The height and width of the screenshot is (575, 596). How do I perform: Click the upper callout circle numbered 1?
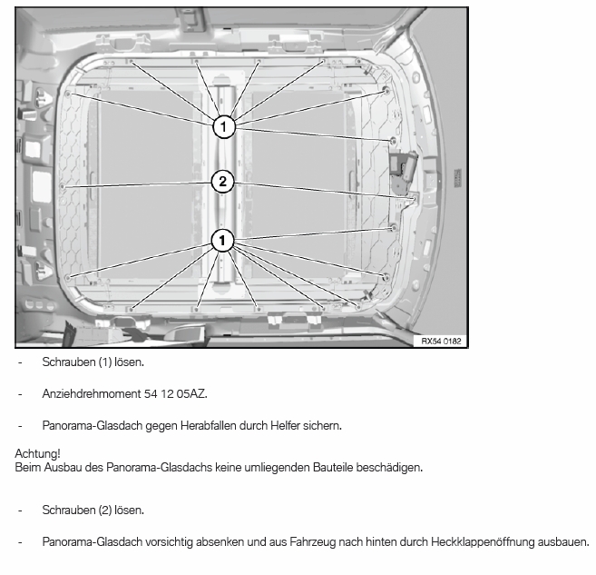pos(223,124)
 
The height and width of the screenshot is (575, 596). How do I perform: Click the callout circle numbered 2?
pos(221,182)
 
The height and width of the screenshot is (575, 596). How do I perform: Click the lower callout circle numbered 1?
pos(221,240)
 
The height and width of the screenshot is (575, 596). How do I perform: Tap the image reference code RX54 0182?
pos(442,341)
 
